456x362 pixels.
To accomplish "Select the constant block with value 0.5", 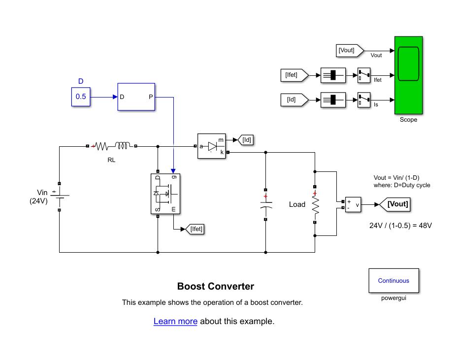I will [x=80, y=97].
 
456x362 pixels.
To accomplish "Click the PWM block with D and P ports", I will [x=136, y=97].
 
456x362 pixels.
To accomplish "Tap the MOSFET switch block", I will [x=165, y=194].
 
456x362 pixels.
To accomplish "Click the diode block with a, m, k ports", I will [x=212, y=146].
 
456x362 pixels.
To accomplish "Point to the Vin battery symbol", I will [x=59, y=196].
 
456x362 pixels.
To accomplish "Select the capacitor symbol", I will [x=265, y=204].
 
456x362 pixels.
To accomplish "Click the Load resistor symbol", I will [x=315, y=204].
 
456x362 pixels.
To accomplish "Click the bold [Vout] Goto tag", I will [x=397, y=204].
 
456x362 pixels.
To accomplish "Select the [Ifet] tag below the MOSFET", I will [x=196, y=229].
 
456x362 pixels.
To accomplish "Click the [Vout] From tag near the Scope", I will [x=347, y=50].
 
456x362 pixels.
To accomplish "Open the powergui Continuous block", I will [x=393, y=281].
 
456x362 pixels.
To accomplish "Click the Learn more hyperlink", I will [x=175, y=322].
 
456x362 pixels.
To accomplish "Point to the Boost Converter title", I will [x=216, y=287].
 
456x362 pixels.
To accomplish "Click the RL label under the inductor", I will [x=111, y=160].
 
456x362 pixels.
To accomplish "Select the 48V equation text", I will [x=400, y=226].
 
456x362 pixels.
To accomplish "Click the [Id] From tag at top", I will [x=292, y=100].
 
